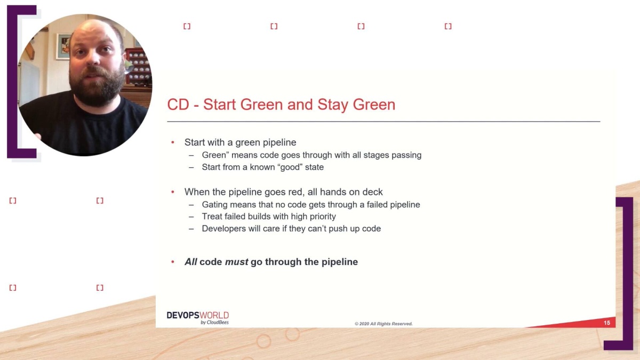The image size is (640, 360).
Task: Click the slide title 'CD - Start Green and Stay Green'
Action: (281, 104)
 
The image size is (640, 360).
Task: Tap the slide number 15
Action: (607, 323)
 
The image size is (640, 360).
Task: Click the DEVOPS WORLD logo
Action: (197, 315)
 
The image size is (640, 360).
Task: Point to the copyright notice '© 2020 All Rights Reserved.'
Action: (383, 324)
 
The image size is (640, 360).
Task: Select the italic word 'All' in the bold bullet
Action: (191, 262)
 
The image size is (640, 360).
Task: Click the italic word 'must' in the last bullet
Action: (236, 262)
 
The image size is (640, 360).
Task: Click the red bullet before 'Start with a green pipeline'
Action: (173, 142)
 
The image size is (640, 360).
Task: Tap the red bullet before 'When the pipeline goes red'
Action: (173, 191)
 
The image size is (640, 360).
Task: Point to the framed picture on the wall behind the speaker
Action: (63, 46)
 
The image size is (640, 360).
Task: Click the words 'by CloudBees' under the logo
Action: (214, 322)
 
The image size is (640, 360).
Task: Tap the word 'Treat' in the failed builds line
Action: (212, 216)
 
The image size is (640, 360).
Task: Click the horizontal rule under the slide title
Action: (383, 122)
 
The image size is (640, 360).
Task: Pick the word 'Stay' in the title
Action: (332, 104)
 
